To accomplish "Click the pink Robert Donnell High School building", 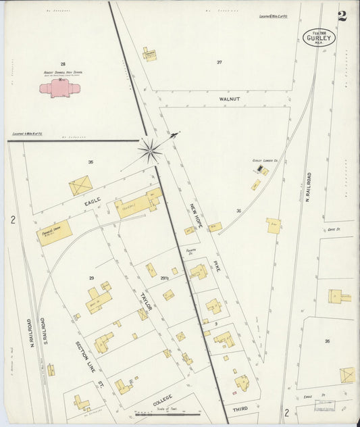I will pyautogui.click(x=59, y=89).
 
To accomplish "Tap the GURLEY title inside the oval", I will pyautogui.click(x=319, y=39).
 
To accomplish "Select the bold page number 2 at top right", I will pyautogui.click(x=342, y=16).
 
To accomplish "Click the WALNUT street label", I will pyautogui.click(x=230, y=99).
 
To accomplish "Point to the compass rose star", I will pyautogui.click(x=149, y=150).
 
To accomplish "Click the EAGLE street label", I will pyautogui.click(x=93, y=201).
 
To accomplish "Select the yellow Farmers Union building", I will pyautogui.click(x=55, y=232).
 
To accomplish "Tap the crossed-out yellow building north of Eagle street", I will pyautogui.click(x=80, y=184).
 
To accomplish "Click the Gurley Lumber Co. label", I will pyautogui.click(x=266, y=161).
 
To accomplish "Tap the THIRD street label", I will pyautogui.click(x=239, y=409).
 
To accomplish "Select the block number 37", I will pyautogui.click(x=219, y=62).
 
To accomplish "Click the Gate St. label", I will pyautogui.click(x=334, y=229).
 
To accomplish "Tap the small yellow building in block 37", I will pyautogui.click(x=149, y=53).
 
